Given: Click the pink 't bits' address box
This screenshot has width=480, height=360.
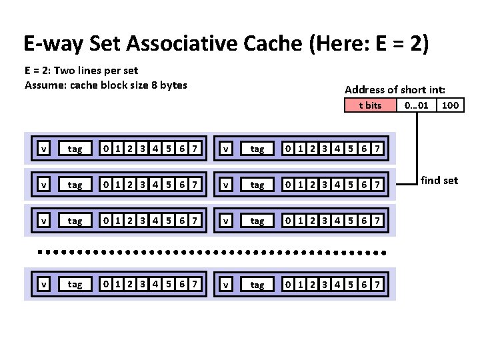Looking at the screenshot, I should pyautogui.click(x=370, y=105).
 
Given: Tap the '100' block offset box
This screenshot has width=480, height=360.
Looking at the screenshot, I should pyautogui.click(x=451, y=105).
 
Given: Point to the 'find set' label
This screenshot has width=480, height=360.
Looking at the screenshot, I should pyautogui.click(x=439, y=180).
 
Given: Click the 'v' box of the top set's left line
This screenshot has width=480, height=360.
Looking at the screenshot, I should pyautogui.click(x=43, y=149).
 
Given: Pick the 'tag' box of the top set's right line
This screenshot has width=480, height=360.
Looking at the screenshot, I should pyautogui.click(x=257, y=149).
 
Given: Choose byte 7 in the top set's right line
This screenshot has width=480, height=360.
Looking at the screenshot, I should pyautogui.click(x=377, y=149).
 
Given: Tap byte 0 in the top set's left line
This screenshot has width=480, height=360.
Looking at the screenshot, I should pyautogui.click(x=105, y=149).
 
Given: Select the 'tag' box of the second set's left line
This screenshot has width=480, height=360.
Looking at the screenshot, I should pyautogui.click(x=75, y=185).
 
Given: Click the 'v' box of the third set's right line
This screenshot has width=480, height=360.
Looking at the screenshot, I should pyautogui.click(x=226, y=221).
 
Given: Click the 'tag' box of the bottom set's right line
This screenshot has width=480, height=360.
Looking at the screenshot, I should pyautogui.click(x=257, y=285).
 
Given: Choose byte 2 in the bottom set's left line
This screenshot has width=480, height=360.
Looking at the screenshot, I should pyautogui.click(x=130, y=285).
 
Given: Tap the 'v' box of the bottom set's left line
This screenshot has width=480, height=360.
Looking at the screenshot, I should pyautogui.click(x=43, y=285).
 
